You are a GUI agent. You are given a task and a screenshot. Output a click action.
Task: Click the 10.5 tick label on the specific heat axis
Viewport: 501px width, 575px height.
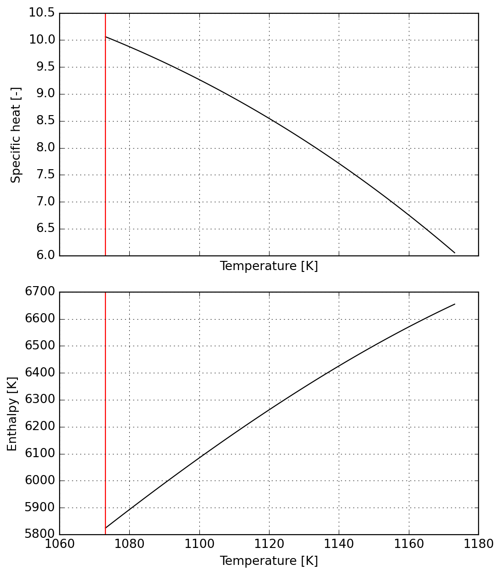pos(42,13)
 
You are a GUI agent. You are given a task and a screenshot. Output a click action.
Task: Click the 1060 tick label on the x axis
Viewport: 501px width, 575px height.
pos(60,544)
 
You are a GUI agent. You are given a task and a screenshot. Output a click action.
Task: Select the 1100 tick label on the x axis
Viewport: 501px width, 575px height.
pos(199,544)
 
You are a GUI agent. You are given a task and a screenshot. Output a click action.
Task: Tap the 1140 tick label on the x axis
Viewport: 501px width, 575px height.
pos(339,544)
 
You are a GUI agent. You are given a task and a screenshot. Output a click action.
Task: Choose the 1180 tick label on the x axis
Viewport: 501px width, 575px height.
pos(479,544)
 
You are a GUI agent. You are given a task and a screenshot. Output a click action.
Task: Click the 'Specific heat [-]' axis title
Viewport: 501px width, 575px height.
pos(16,135)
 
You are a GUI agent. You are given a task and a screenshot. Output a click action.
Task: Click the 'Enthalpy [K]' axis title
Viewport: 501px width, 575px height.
pos(12,414)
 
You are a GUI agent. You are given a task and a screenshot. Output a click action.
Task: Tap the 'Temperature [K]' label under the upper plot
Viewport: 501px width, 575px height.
pos(269,266)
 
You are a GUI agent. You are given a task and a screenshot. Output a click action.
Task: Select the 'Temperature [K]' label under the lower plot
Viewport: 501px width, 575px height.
pos(269,561)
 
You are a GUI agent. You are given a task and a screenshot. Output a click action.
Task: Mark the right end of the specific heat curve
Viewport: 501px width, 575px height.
pos(455,253)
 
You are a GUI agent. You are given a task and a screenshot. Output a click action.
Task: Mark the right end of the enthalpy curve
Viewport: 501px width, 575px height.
pos(455,304)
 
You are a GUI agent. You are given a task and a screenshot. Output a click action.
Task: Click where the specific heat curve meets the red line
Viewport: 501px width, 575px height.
pos(105,37)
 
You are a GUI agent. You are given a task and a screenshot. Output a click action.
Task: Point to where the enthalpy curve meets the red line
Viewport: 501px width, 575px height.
pos(105,528)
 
